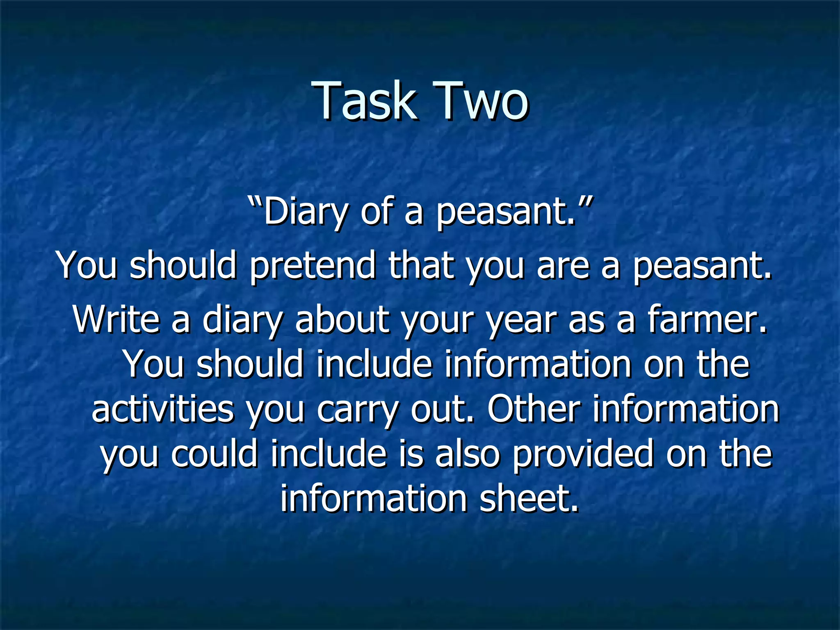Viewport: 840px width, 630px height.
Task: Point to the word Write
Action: tap(116, 320)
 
